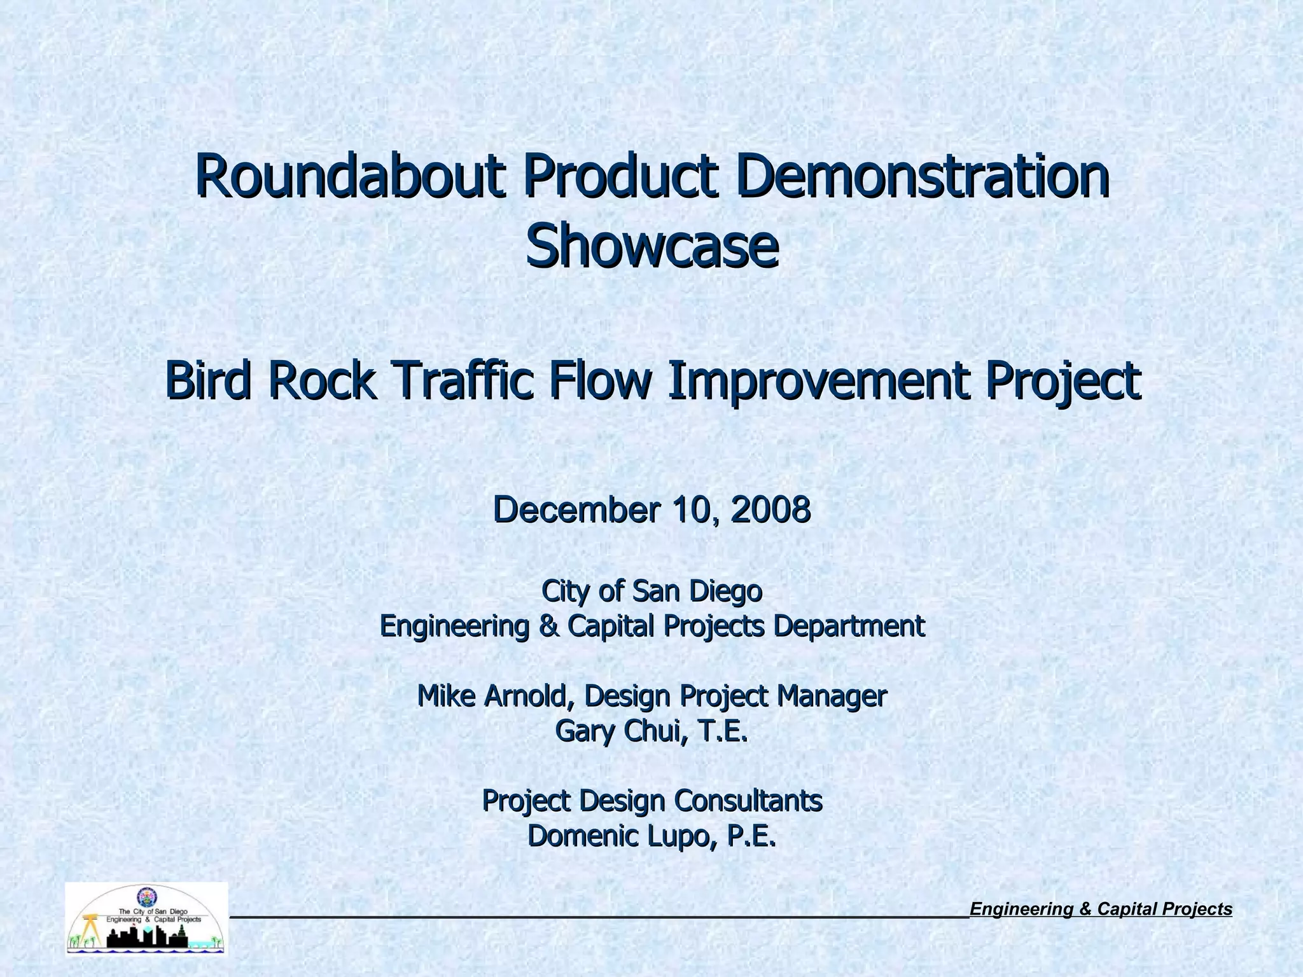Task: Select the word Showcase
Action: coord(651,247)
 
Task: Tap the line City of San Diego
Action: coord(651,591)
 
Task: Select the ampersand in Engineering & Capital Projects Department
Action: coord(547,627)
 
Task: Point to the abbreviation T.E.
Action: coord(723,731)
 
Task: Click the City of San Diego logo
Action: coord(146,918)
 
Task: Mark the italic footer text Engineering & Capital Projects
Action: coord(1101,910)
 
